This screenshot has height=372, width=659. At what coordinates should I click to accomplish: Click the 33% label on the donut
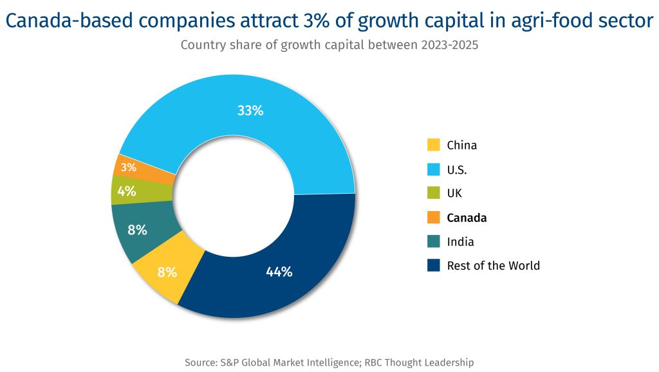tap(250, 110)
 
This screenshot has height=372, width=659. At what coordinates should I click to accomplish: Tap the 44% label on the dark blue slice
tap(279, 272)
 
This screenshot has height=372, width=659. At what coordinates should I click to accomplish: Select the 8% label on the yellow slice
tap(167, 272)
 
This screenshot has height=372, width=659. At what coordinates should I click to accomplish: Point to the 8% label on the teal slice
tap(137, 230)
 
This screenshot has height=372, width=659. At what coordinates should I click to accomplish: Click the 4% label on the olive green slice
tap(126, 191)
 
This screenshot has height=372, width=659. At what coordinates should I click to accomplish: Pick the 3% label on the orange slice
tap(129, 167)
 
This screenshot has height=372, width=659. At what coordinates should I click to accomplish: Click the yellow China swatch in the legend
tap(434, 145)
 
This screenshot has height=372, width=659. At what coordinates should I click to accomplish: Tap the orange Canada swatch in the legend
tap(434, 218)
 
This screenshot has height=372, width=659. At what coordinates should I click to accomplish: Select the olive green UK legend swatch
tap(434, 193)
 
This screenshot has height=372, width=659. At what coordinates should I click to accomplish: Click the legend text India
tap(460, 242)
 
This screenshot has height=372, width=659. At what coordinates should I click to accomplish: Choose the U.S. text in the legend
tap(457, 170)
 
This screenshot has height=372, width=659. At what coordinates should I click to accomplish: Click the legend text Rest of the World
tap(493, 266)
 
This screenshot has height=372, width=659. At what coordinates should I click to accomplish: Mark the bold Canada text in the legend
tap(467, 218)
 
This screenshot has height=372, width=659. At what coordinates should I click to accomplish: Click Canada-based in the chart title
tap(71, 22)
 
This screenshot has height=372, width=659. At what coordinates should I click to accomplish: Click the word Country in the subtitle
tap(201, 45)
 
